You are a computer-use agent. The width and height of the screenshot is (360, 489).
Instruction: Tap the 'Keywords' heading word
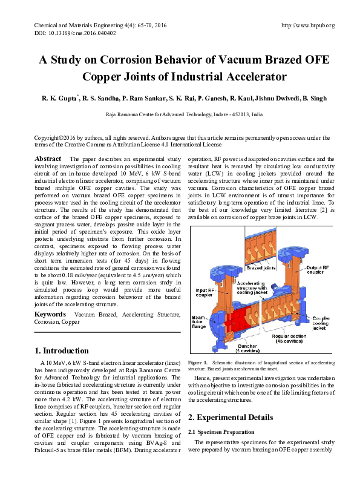[50, 315]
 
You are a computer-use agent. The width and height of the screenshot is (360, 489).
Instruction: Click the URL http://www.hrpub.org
[308, 25]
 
